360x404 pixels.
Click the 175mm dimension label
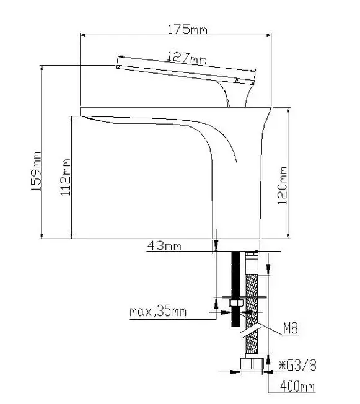click(x=187, y=29)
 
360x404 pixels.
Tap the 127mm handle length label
click(x=187, y=58)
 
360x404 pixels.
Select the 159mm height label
click(x=37, y=172)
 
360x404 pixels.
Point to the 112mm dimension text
click(x=66, y=177)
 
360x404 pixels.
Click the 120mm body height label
click(x=282, y=186)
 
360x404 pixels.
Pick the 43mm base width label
click(x=164, y=245)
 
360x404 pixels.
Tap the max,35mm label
click(x=158, y=312)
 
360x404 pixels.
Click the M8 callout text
click(x=291, y=328)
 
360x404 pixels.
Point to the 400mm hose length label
click(x=297, y=386)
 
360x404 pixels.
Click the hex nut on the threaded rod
click(x=236, y=303)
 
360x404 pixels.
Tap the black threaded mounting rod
click(x=236, y=289)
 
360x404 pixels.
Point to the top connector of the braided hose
click(x=252, y=263)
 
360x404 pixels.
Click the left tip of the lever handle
click(x=117, y=67)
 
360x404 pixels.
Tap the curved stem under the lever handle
click(x=235, y=94)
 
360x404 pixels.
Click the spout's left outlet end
click(x=81, y=112)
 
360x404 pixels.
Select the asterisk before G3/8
click(x=282, y=365)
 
